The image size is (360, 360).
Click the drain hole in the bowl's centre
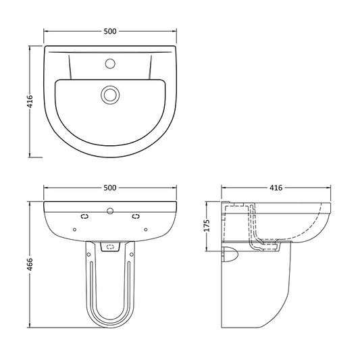coord(109,94)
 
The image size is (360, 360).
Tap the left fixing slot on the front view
coord(84,217)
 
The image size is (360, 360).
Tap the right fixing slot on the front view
coord(135,217)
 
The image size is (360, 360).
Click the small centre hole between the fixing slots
coord(109,211)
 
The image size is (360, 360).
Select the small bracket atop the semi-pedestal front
coord(109,249)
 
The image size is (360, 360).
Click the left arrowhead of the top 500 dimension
coord(46,30)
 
